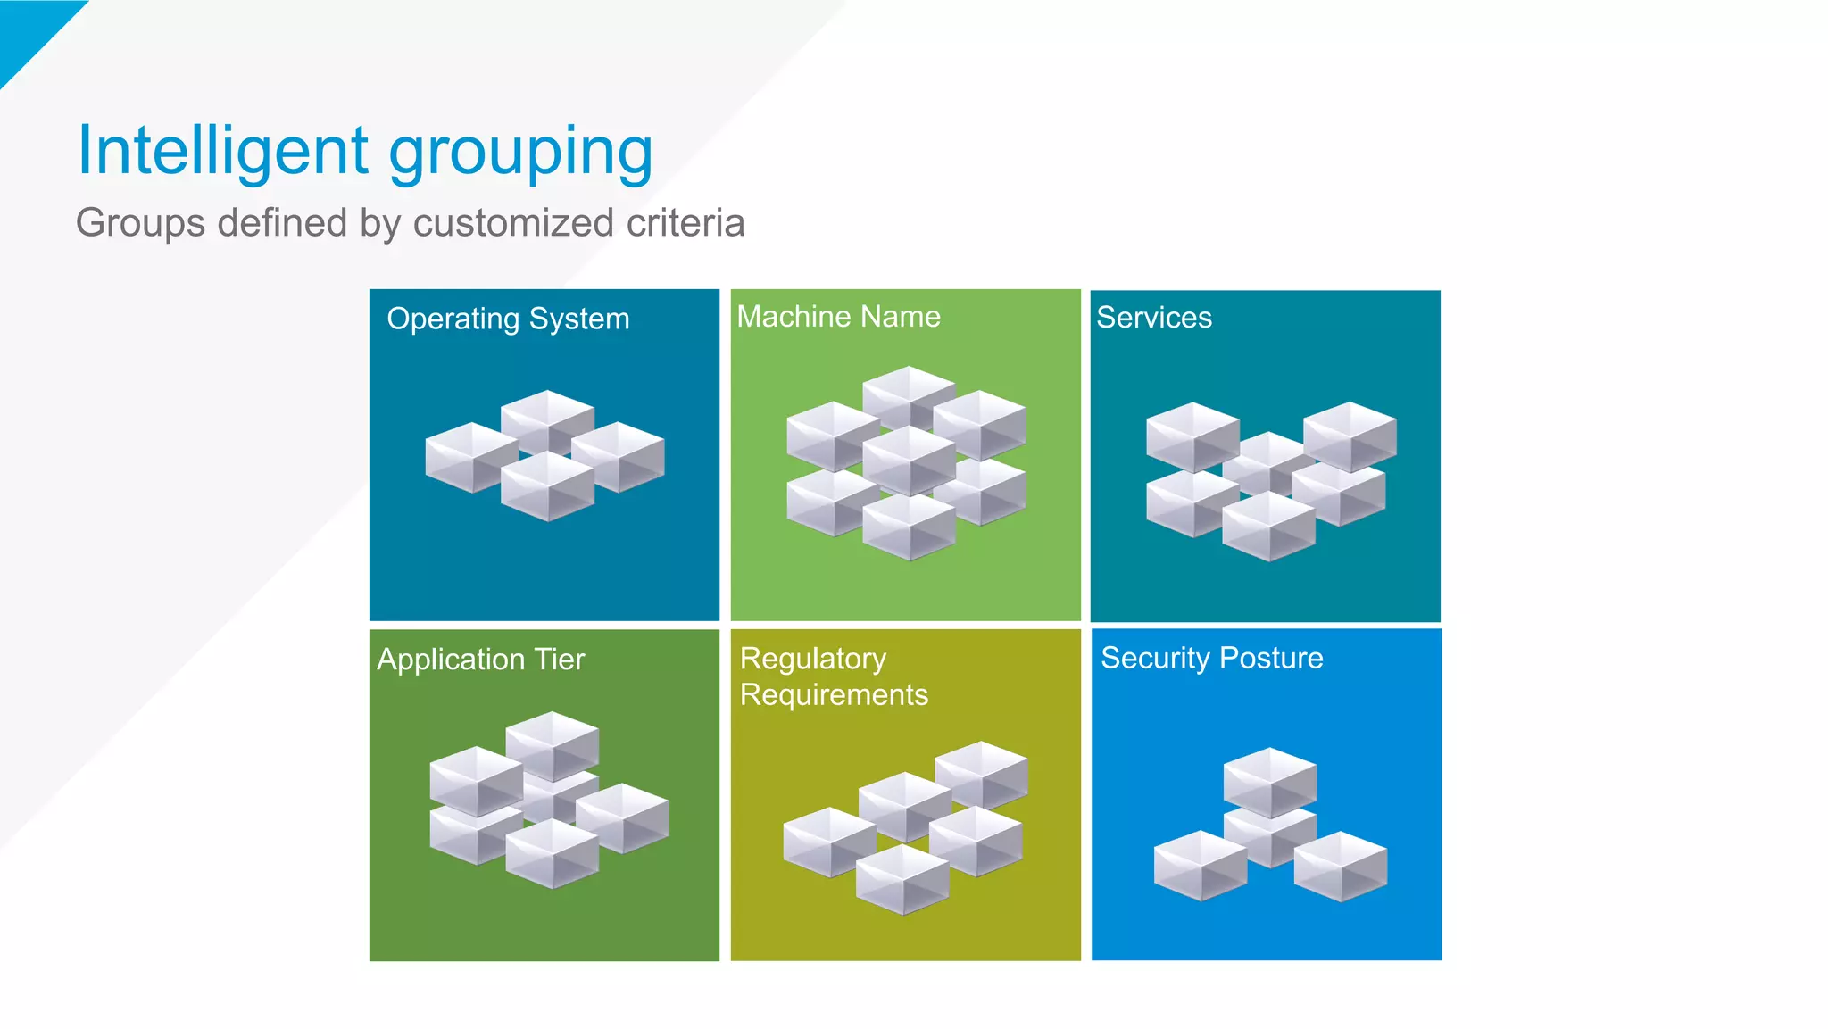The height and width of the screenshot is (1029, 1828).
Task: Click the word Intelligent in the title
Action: (223, 150)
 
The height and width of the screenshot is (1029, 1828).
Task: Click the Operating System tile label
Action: (508, 319)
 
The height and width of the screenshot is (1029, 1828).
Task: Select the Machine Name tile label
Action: (838, 317)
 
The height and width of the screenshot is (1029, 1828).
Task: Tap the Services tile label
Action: (1154, 318)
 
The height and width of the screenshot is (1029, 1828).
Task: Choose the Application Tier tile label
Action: (480, 660)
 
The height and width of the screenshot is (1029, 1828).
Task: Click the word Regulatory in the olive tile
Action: (813, 659)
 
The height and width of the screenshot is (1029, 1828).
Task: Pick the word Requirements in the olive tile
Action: (834, 694)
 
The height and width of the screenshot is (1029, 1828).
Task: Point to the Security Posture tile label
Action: (1211, 658)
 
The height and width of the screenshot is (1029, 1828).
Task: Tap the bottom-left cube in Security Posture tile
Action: (1200, 865)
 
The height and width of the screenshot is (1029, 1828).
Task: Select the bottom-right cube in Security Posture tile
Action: (1340, 866)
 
